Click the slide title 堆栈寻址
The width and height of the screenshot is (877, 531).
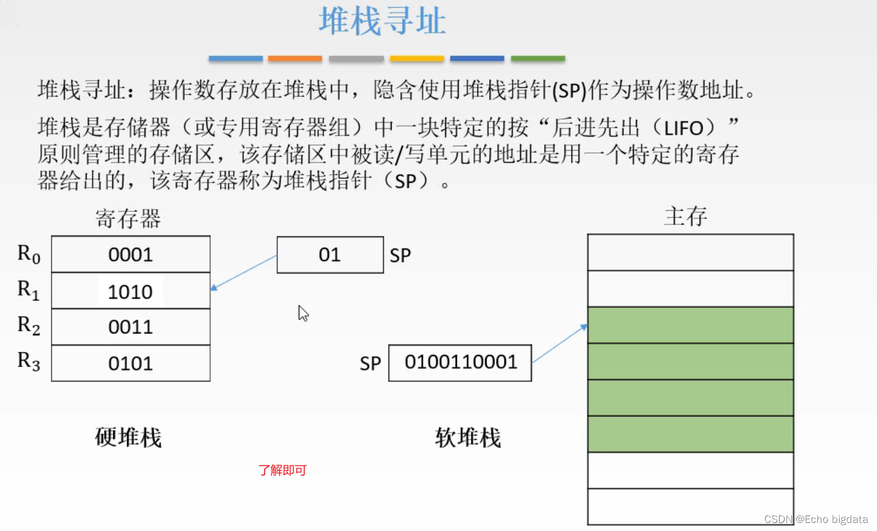tap(382, 22)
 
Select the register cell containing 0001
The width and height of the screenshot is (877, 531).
tap(131, 254)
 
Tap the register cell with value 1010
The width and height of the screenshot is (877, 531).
tap(131, 291)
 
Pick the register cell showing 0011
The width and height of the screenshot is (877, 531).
tap(131, 327)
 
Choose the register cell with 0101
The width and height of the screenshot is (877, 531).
tap(131, 363)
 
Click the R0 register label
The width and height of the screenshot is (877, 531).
tap(29, 254)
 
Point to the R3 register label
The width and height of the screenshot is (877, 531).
tap(29, 361)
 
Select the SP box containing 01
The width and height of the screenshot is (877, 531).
tap(330, 255)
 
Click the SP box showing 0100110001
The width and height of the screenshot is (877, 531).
tap(460, 362)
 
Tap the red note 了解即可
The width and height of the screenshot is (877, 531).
tap(283, 470)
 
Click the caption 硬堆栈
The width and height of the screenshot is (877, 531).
tap(128, 438)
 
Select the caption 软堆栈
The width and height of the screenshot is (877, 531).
tap(468, 438)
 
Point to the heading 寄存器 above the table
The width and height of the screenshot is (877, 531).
tap(128, 219)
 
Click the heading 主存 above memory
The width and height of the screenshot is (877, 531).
tap(685, 216)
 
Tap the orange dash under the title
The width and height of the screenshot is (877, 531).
tap(295, 59)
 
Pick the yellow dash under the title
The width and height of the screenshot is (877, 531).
tap(416, 59)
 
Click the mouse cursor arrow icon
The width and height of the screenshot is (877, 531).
tap(303, 313)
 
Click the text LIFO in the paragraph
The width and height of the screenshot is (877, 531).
tap(684, 128)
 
